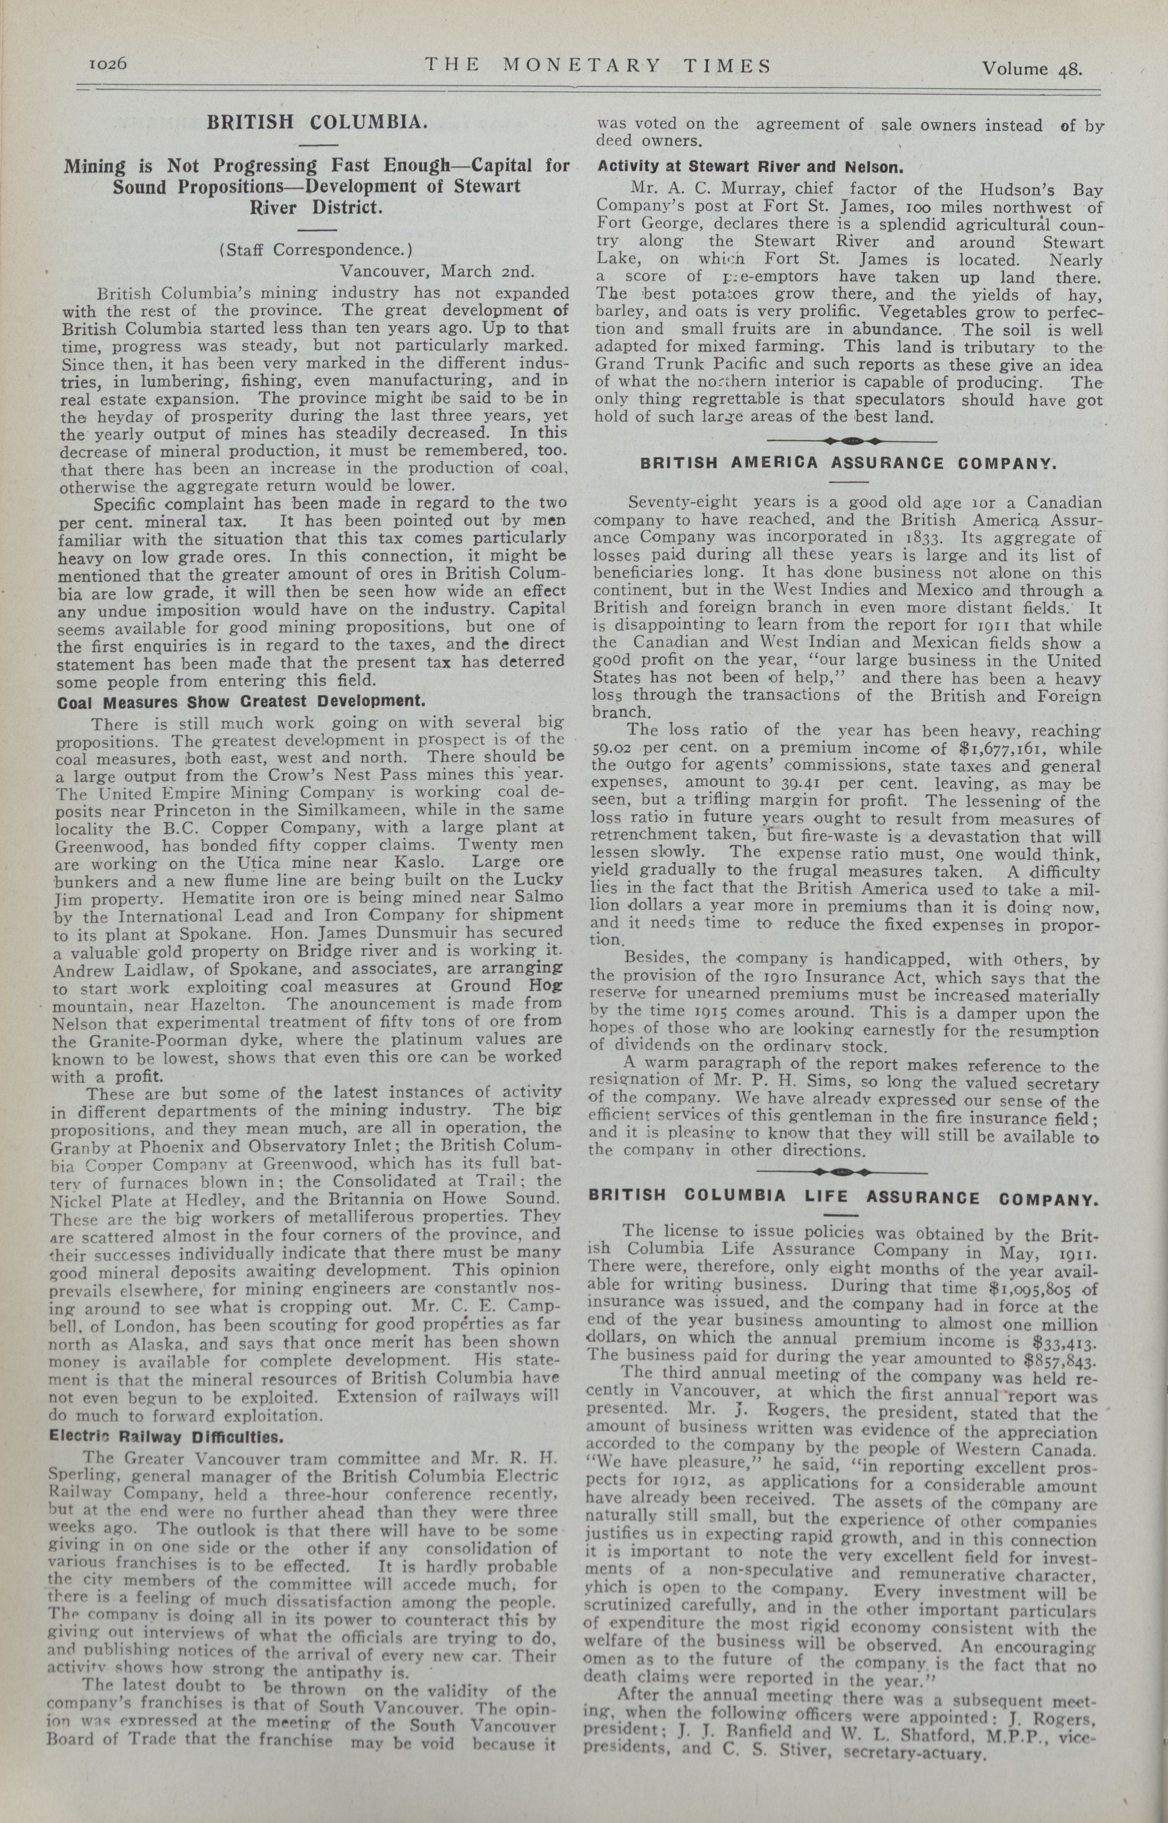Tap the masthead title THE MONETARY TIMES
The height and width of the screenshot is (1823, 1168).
[x=597, y=65]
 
